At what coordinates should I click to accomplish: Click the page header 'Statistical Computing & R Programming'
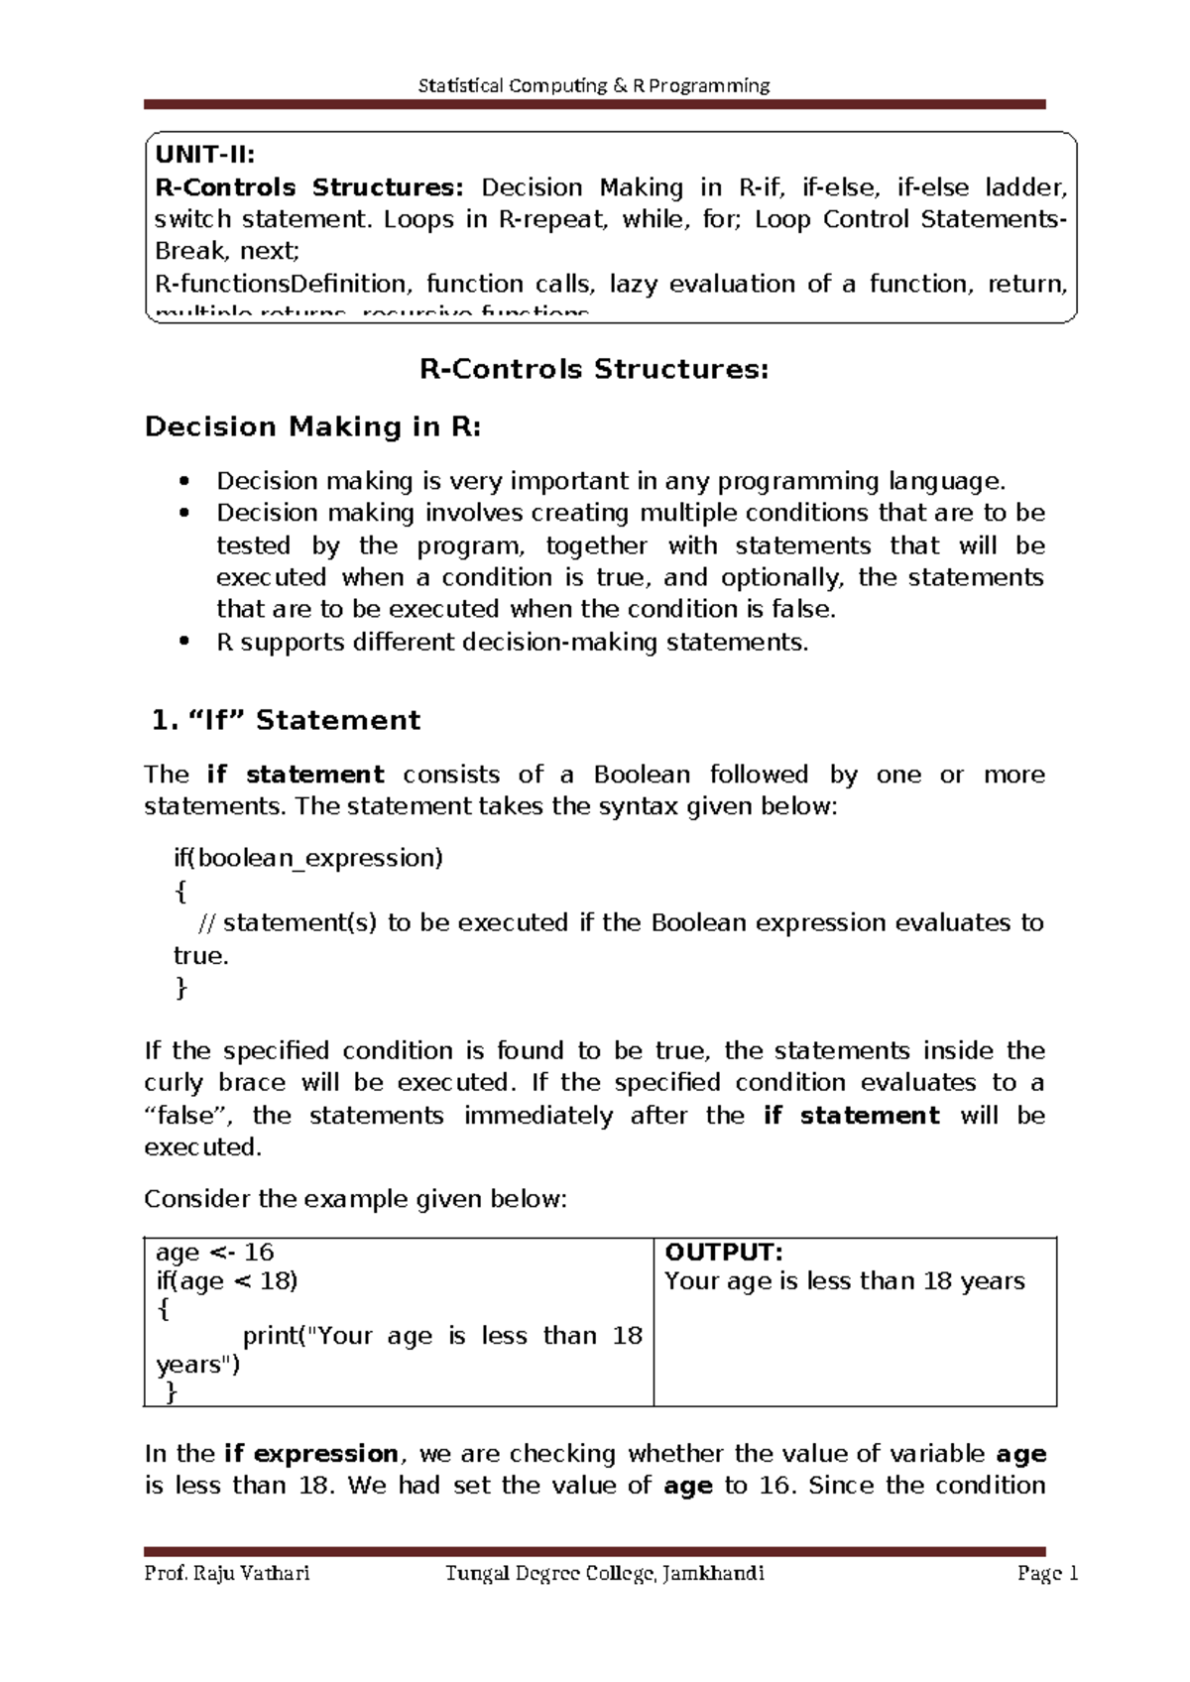click(x=594, y=85)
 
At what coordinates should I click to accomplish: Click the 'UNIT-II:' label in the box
click(x=204, y=155)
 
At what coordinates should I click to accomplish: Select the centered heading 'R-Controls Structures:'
click(x=594, y=370)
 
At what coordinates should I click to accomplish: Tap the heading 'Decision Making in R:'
click(x=313, y=427)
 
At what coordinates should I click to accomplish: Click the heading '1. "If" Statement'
click(x=286, y=721)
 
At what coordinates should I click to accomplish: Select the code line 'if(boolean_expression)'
click(x=307, y=858)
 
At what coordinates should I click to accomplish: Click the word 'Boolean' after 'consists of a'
click(x=642, y=775)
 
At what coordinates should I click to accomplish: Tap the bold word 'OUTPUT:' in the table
click(x=723, y=1253)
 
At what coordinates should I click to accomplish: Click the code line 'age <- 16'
click(x=214, y=1253)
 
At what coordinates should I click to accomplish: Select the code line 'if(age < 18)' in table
click(x=226, y=1281)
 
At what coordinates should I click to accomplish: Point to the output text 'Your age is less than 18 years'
click(x=844, y=1281)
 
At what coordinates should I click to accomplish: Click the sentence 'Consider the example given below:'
click(x=355, y=1200)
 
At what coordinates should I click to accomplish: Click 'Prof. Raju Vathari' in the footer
click(x=227, y=1574)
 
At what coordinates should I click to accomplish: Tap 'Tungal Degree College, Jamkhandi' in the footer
click(x=604, y=1574)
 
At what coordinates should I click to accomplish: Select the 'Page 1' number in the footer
click(x=1047, y=1574)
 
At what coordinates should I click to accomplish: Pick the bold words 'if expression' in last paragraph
click(x=310, y=1454)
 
